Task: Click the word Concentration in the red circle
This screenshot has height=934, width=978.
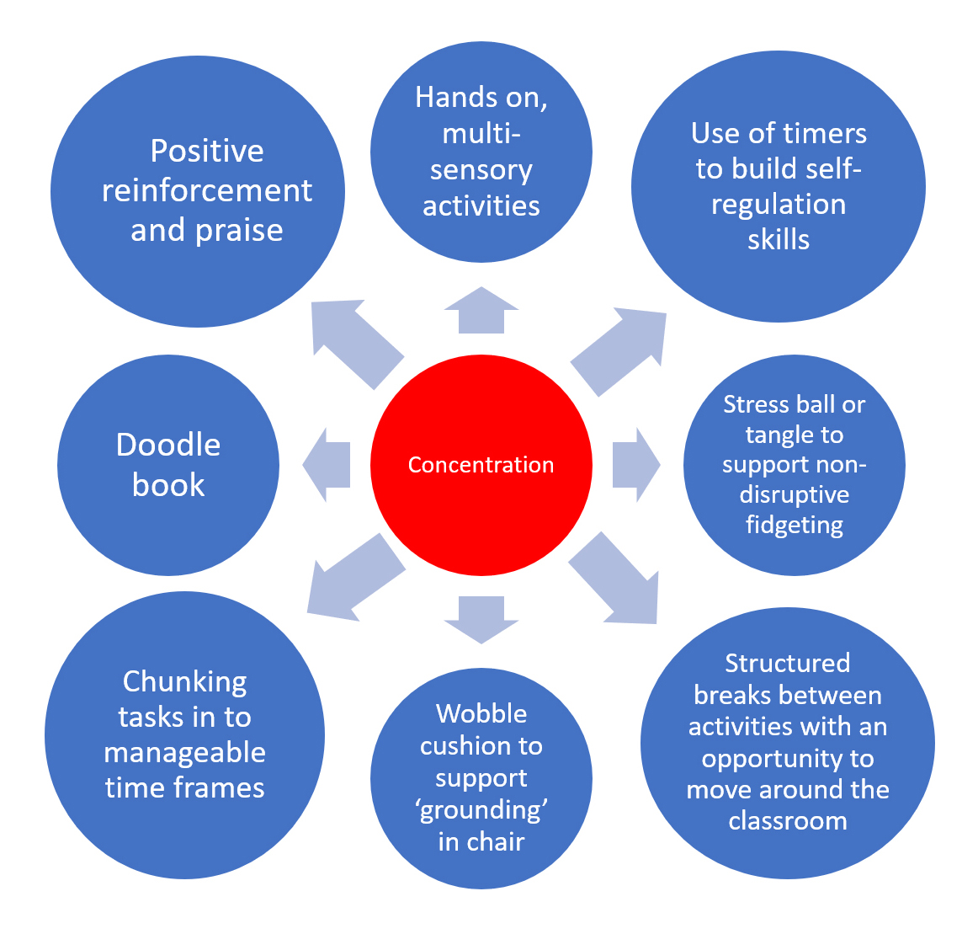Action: pyautogui.click(x=481, y=465)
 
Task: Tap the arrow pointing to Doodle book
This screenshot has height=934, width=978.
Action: pyautogui.click(x=327, y=465)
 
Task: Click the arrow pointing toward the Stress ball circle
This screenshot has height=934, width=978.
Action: pyautogui.click(x=635, y=465)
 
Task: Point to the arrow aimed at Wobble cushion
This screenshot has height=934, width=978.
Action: pyautogui.click(x=481, y=619)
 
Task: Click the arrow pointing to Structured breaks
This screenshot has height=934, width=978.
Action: pyautogui.click(x=615, y=581)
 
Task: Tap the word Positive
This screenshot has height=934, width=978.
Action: pyautogui.click(x=207, y=152)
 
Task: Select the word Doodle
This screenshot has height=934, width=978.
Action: pyautogui.click(x=168, y=445)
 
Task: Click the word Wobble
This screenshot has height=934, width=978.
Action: pyautogui.click(x=481, y=714)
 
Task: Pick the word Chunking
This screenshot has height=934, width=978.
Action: pyautogui.click(x=185, y=682)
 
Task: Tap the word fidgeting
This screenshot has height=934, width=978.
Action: pyautogui.click(x=795, y=525)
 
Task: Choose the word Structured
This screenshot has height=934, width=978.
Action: pyautogui.click(x=788, y=664)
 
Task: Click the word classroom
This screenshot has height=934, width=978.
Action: pyautogui.click(x=788, y=821)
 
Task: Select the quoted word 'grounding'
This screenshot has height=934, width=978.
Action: pyautogui.click(x=481, y=810)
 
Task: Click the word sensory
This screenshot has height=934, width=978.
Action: pyautogui.click(x=481, y=170)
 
